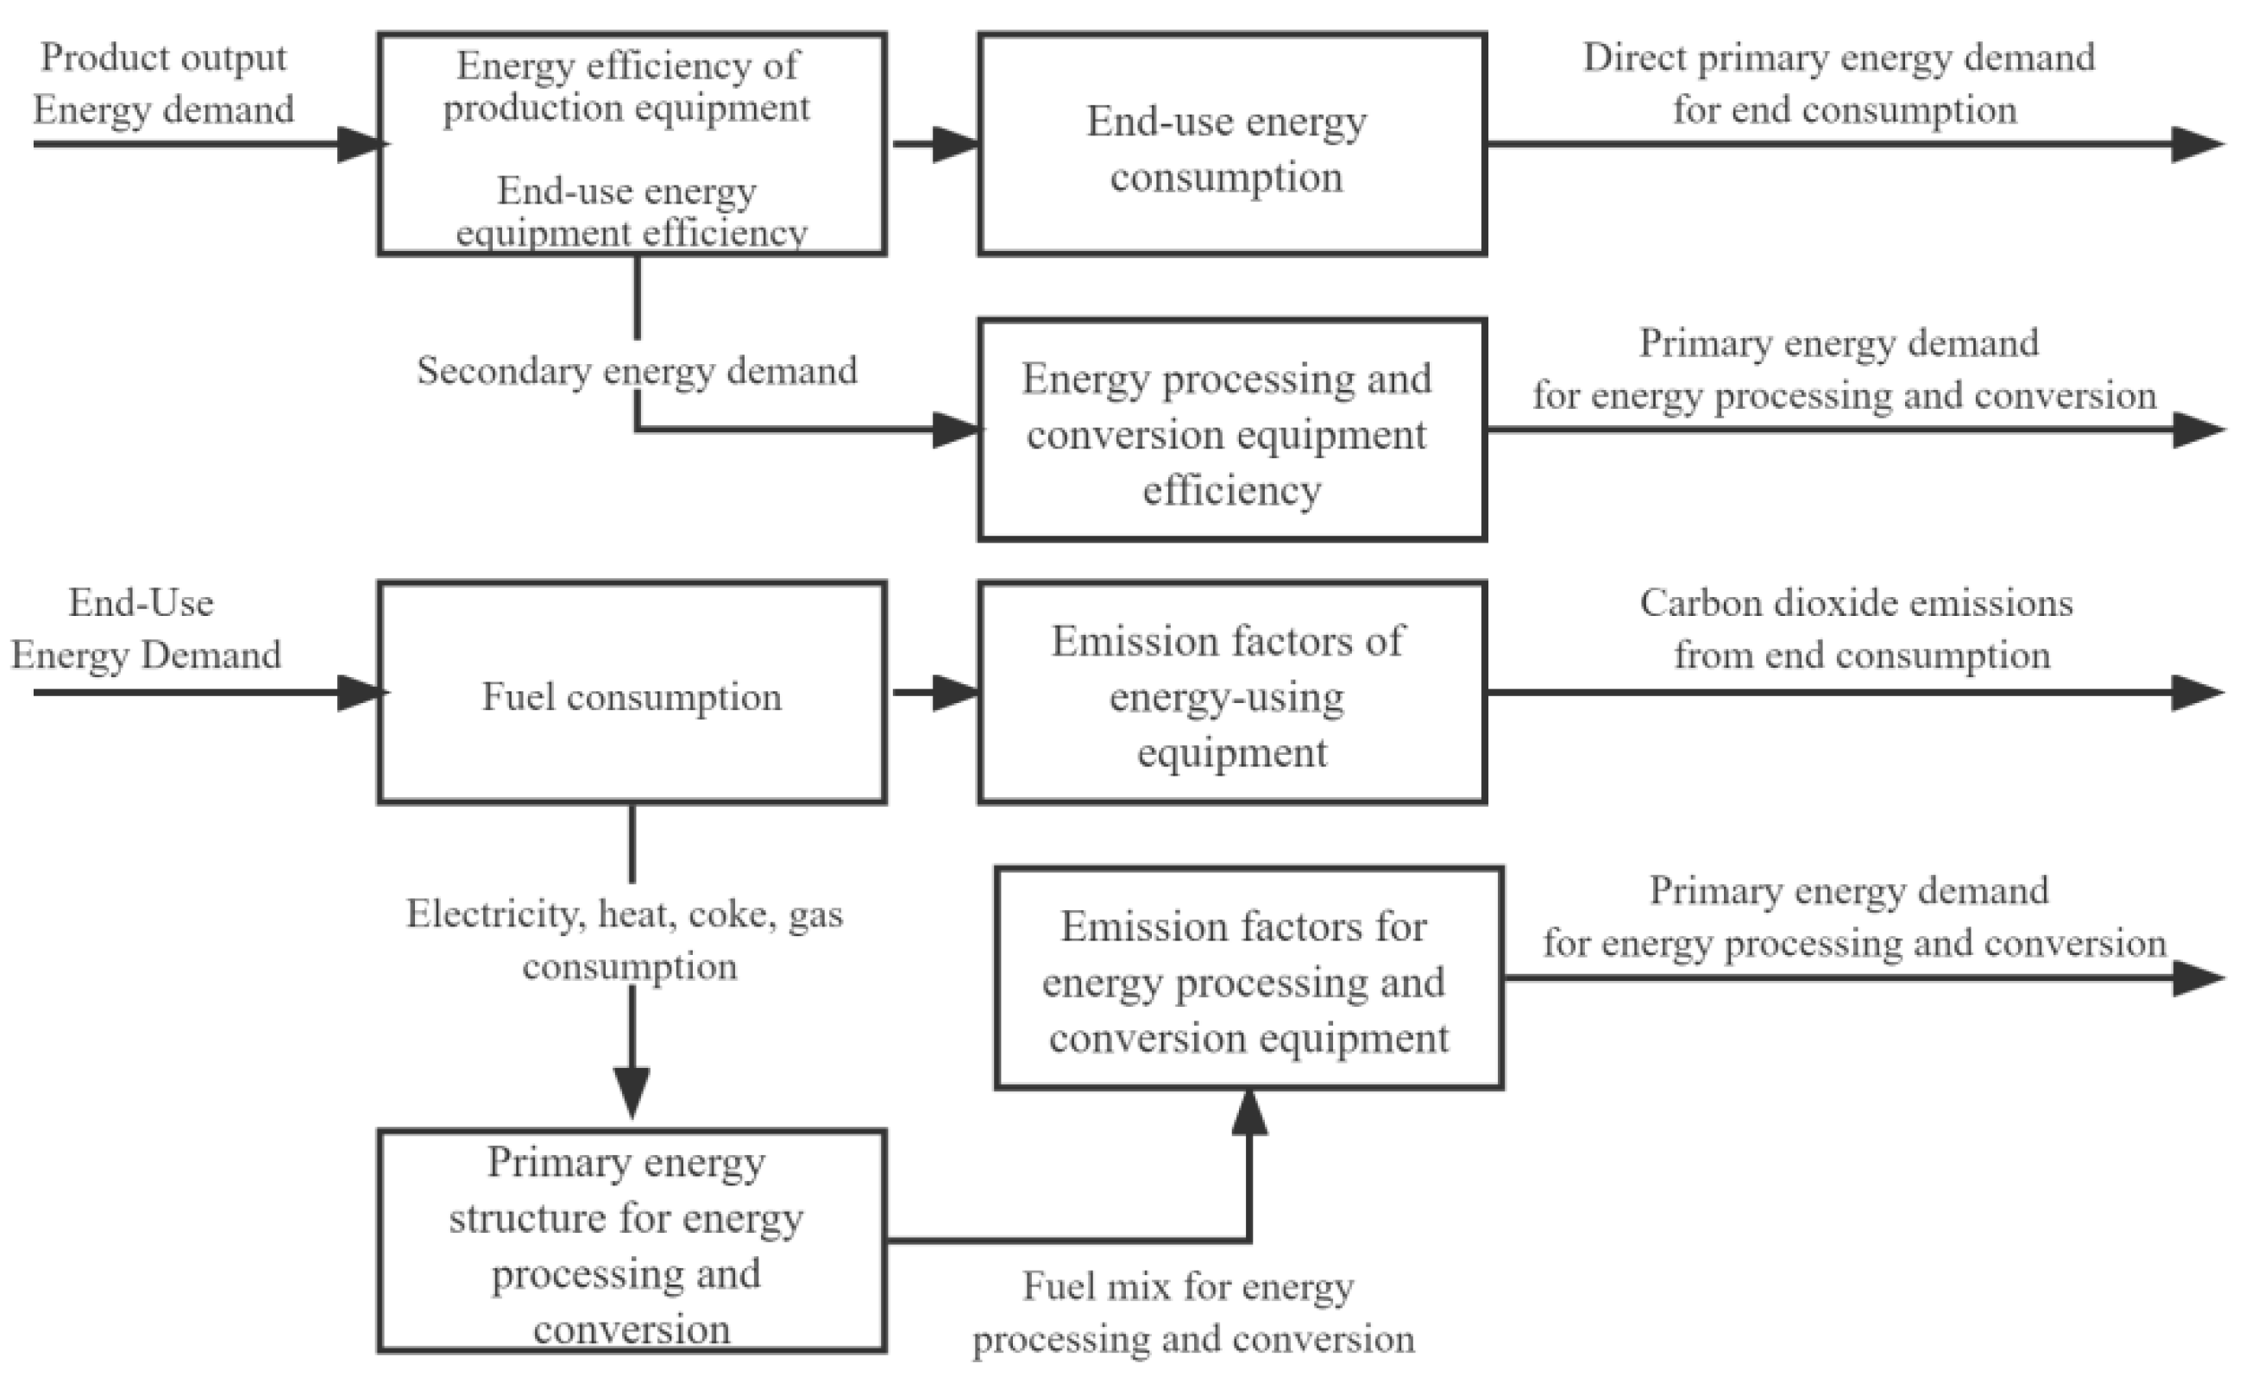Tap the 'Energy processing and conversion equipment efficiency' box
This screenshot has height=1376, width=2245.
click(x=1232, y=431)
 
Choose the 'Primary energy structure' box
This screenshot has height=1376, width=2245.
click(x=632, y=1241)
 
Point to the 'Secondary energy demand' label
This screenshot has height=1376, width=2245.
click(x=636, y=371)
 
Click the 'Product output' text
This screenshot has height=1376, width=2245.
click(x=163, y=59)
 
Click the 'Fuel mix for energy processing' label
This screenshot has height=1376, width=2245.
click(x=1192, y=1312)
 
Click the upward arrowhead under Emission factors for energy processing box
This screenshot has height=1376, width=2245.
click(x=1249, y=1113)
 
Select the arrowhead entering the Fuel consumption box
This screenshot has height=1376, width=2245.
click(x=360, y=693)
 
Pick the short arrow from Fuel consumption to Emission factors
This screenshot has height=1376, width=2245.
click(x=934, y=693)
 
